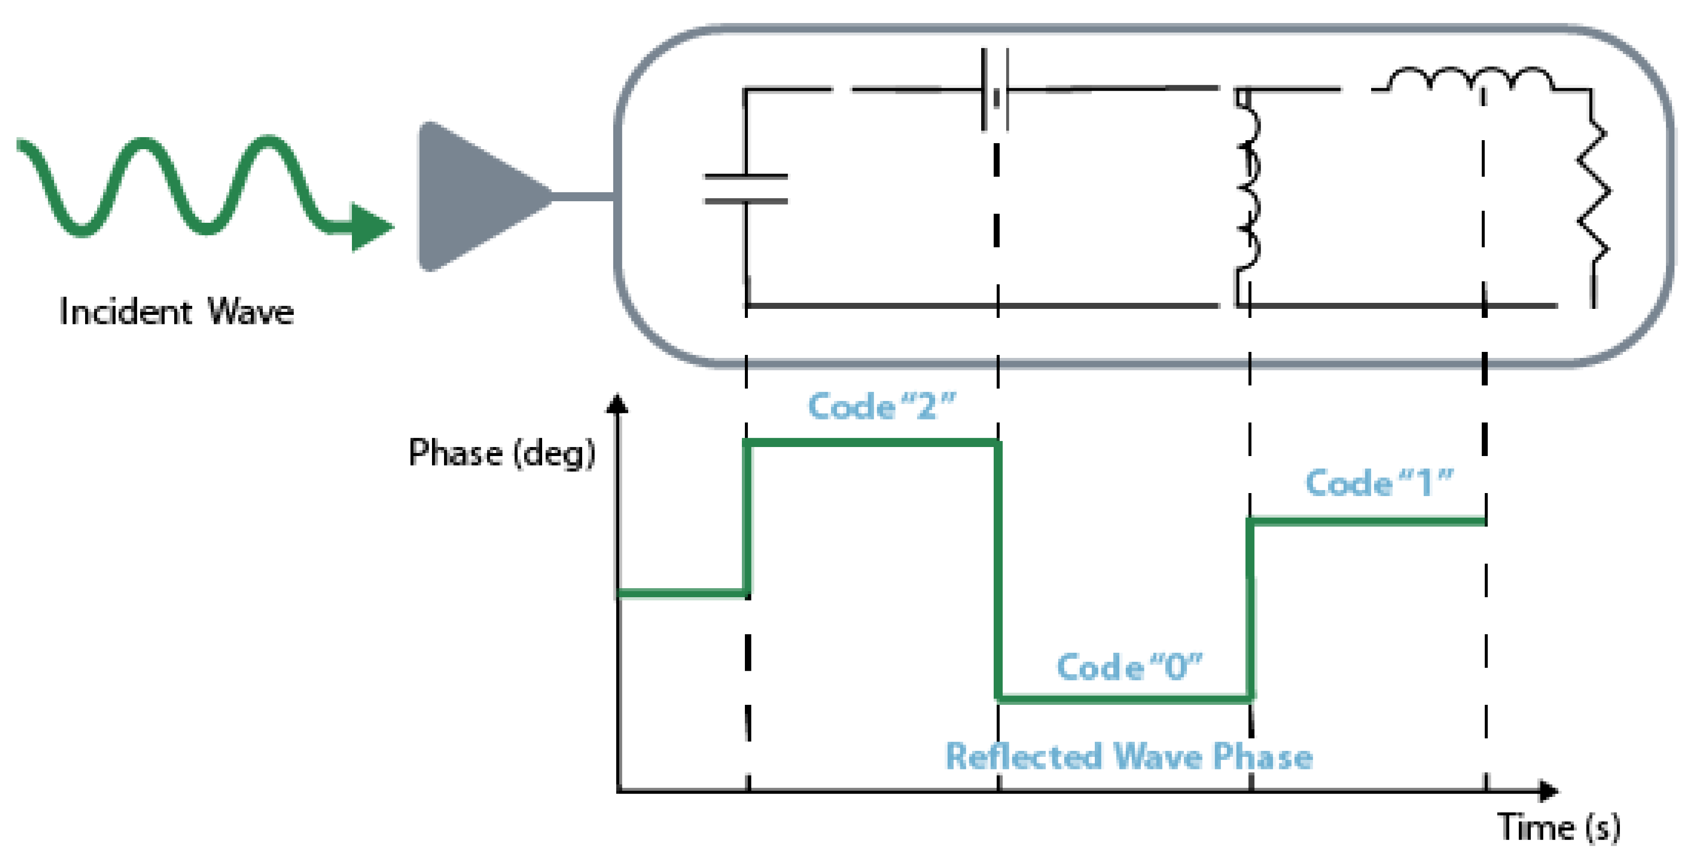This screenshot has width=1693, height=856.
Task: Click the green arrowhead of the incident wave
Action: [x=370, y=227]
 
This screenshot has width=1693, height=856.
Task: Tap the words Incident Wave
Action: [x=176, y=312]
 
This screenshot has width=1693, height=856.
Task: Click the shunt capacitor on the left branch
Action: [x=746, y=189]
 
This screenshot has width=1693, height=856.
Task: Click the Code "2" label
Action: [x=881, y=405]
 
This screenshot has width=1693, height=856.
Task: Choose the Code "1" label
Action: [x=1378, y=483]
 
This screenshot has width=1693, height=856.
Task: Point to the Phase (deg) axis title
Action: [x=502, y=453]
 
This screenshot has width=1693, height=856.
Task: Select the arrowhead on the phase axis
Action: [x=616, y=403]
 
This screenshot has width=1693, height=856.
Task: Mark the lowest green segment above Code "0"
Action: [x=1124, y=698]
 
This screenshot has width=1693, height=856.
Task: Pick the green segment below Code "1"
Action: [x=1367, y=521]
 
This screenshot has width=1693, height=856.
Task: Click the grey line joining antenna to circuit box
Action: [x=584, y=196]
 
